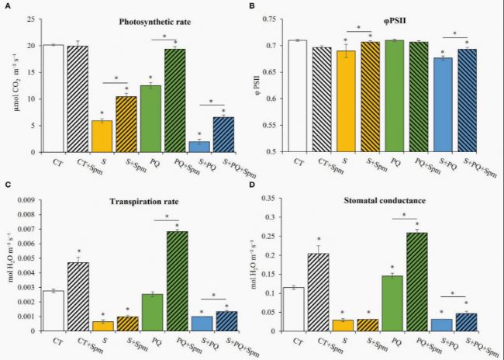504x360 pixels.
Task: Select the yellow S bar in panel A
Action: [x=102, y=137]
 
